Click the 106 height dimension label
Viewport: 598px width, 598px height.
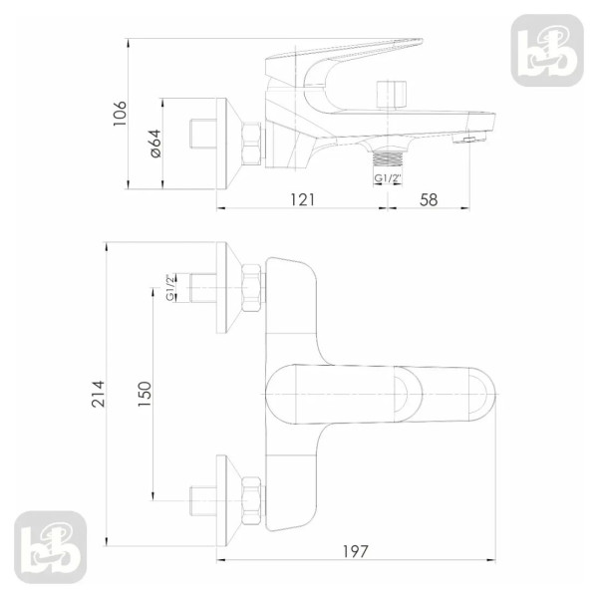[x=120, y=114]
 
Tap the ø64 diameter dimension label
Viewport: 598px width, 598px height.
[x=155, y=144]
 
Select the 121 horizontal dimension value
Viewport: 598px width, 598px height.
[x=303, y=200]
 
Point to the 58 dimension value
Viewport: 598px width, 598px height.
[x=429, y=200]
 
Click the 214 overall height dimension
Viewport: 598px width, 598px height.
[x=98, y=394]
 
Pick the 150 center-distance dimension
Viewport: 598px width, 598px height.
[x=145, y=394]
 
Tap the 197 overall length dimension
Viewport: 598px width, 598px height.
[x=356, y=551]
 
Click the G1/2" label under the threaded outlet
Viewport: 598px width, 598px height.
[x=388, y=178]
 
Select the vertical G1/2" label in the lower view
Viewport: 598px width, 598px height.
[x=170, y=287]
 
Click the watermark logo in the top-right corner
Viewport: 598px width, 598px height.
[x=547, y=51]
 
